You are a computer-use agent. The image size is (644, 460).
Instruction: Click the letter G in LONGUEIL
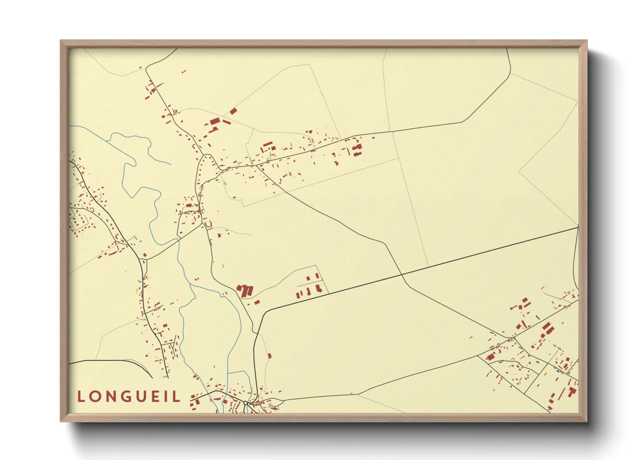[x=126, y=397]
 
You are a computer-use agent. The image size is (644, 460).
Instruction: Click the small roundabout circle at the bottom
[x=245, y=403]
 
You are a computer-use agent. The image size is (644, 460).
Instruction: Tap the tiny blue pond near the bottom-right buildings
[x=558, y=371]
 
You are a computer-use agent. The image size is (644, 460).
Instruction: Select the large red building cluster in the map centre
[x=245, y=290]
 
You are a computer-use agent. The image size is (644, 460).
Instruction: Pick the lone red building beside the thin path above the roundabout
[x=269, y=356]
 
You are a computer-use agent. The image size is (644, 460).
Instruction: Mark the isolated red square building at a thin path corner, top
[x=233, y=111]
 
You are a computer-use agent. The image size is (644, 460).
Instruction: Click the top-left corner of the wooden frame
[x=61, y=41]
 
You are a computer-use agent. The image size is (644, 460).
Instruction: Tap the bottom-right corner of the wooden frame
[x=587, y=421]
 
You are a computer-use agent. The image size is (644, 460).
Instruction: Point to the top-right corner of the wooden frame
[x=587, y=41]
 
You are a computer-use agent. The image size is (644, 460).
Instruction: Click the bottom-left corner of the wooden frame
[x=61, y=421]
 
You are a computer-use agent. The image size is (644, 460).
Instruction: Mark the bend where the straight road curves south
[x=264, y=311]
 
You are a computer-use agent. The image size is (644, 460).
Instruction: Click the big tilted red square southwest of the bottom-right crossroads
[x=490, y=357]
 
